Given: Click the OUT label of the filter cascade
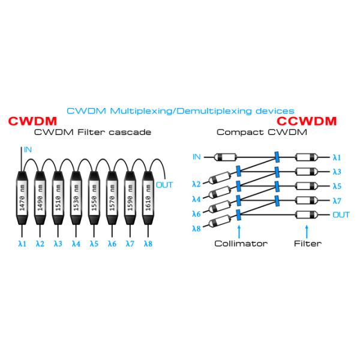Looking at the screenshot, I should pos(164,185).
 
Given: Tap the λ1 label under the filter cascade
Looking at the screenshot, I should pos(23,244).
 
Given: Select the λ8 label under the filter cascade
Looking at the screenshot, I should pos(148,244).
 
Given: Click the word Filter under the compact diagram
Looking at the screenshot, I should pos(307,244).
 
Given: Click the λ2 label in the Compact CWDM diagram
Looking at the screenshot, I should pos(196,184).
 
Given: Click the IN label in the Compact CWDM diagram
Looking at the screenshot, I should pos(196,157).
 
